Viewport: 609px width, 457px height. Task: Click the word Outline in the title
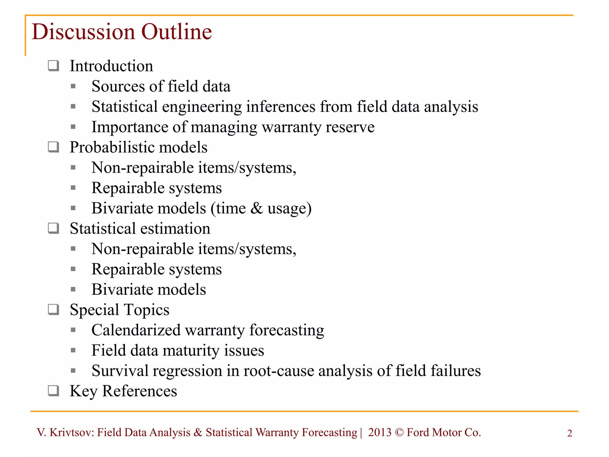[176, 32]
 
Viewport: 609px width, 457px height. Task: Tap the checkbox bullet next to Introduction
[54, 65]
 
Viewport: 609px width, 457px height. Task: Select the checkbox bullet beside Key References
[54, 390]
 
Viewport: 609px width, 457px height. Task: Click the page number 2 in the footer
[569, 433]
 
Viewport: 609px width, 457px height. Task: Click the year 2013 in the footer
[379, 432]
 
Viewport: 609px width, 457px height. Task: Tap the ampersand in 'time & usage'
[256, 208]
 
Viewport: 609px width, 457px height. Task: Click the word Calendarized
[136, 330]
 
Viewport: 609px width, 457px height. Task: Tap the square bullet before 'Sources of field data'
[73, 87]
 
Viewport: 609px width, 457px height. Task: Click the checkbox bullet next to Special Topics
[54, 309]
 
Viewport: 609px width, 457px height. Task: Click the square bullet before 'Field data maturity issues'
[73, 350]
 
